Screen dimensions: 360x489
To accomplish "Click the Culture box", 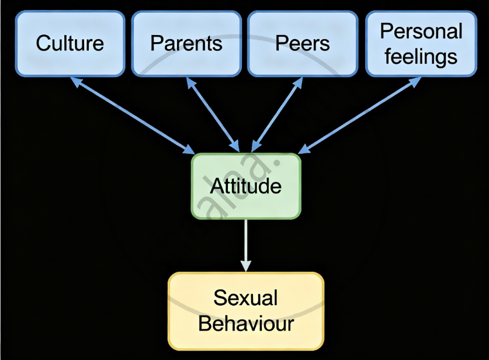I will (70, 43).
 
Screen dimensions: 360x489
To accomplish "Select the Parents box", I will (186, 43).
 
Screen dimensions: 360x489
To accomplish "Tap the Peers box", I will (302, 43).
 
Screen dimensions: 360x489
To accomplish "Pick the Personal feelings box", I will (421, 43).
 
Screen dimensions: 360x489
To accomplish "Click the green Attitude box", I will (246, 186).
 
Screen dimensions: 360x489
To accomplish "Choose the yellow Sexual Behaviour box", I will (246, 311).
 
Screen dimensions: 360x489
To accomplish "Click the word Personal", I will (421, 31).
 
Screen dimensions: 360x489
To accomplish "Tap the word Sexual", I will (245, 298).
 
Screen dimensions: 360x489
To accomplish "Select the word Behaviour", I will (246, 323).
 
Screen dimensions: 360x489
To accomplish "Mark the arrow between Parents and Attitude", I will (213, 114).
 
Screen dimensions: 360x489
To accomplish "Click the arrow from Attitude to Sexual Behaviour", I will (246, 243).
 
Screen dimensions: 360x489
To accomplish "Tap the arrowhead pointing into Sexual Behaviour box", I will (246, 266).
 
